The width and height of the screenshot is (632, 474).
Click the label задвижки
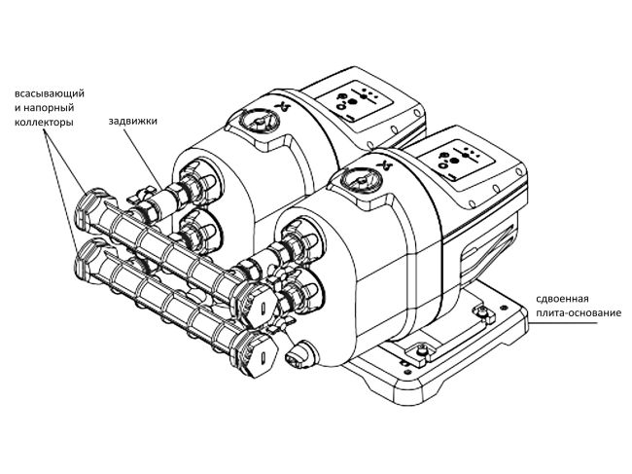tap(133, 122)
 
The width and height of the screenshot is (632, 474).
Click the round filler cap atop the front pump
tap(362, 184)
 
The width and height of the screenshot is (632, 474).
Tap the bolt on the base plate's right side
tap(479, 310)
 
